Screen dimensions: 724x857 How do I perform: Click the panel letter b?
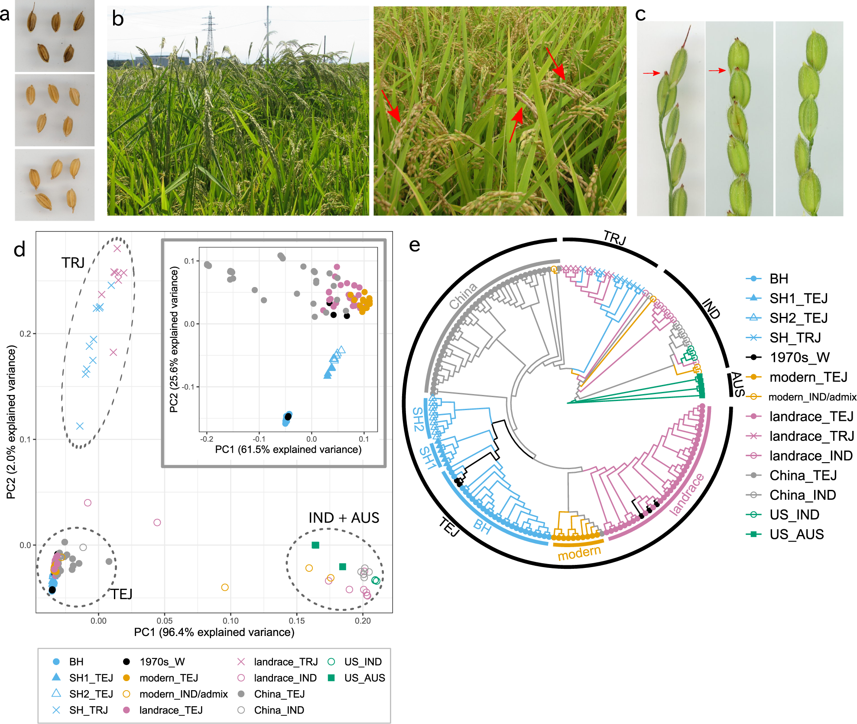[x=117, y=19]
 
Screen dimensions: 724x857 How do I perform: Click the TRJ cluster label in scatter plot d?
[x=73, y=263]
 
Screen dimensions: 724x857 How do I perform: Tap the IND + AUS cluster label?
[x=344, y=518]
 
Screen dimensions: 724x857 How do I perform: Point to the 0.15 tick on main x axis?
[x=296, y=621]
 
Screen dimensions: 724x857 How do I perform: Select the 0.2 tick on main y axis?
[x=25, y=334]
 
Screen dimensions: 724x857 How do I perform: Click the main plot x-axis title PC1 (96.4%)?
[x=214, y=632]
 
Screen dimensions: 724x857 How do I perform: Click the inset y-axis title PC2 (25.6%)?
[x=174, y=339]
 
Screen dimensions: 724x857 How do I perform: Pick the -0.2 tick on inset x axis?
[x=207, y=439]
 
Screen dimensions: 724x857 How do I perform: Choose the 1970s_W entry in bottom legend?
[x=162, y=662]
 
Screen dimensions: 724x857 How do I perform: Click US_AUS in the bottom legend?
[x=364, y=678]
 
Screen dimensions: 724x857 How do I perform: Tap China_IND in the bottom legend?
[x=279, y=710]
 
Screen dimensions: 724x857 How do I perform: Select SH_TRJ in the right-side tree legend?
[x=795, y=338]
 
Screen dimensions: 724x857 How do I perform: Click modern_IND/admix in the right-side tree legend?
[x=812, y=397]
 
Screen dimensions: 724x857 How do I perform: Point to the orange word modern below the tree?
[x=579, y=553]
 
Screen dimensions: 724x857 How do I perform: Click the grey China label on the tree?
[x=463, y=296]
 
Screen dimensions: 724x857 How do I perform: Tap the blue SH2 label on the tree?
[x=418, y=419]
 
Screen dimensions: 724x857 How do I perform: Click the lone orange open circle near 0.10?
[x=225, y=587]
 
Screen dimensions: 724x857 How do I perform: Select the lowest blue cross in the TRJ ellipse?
[x=80, y=426]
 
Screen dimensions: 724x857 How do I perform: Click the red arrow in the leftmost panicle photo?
[x=651, y=73]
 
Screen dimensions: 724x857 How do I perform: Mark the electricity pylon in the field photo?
[x=209, y=35]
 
